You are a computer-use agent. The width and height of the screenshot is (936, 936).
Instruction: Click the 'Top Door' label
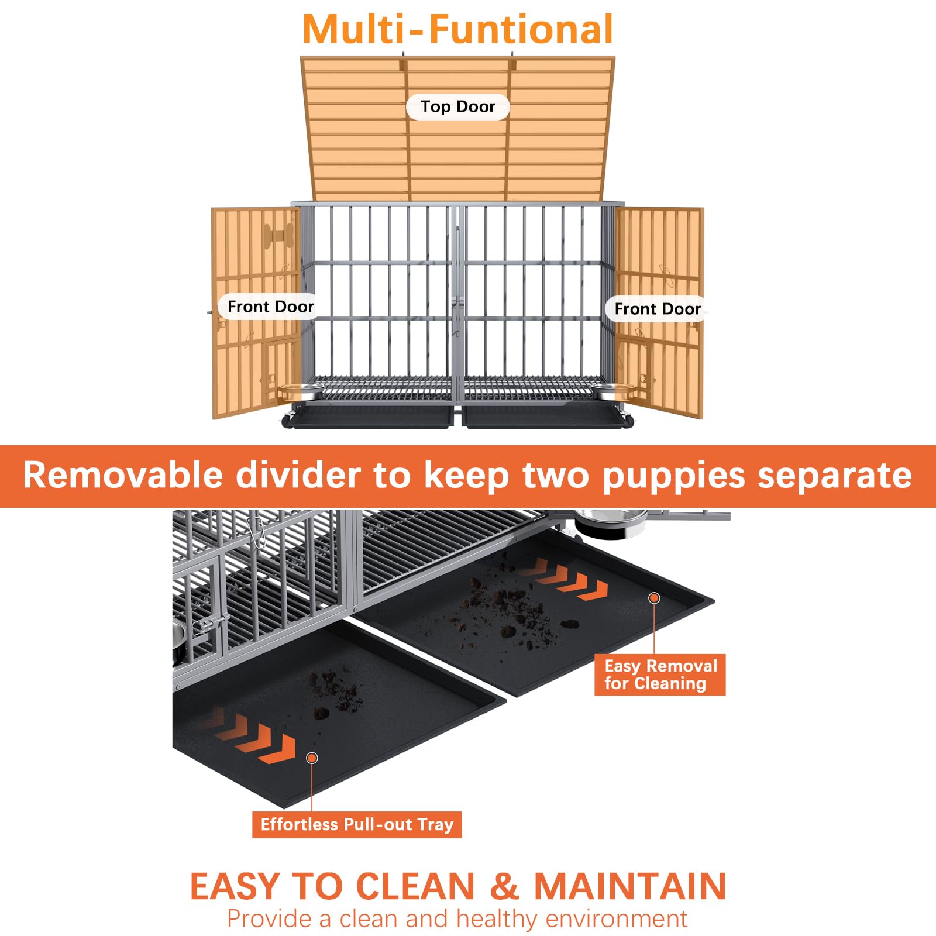(457, 106)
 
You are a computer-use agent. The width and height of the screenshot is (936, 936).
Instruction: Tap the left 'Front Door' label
(270, 307)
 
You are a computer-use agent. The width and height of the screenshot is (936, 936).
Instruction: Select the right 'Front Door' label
(658, 309)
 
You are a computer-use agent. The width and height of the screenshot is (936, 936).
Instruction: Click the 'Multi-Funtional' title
(457, 29)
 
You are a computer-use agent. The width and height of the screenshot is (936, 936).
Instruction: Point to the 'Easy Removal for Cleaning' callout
(660, 675)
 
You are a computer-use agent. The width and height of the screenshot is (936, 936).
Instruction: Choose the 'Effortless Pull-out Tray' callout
(357, 824)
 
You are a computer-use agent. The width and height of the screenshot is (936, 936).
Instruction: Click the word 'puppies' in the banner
(674, 475)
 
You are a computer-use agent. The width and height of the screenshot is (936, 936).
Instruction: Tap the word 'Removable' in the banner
(123, 475)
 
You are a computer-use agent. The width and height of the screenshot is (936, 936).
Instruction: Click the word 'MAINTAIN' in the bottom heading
(630, 886)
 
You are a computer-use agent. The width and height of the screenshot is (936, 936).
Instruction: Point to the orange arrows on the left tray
(257, 740)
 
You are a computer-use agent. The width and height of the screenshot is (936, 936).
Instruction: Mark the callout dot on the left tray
(312, 758)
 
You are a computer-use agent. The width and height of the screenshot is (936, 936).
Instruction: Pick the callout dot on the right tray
(655, 598)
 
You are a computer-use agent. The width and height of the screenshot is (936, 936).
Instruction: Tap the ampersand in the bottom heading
(504, 886)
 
